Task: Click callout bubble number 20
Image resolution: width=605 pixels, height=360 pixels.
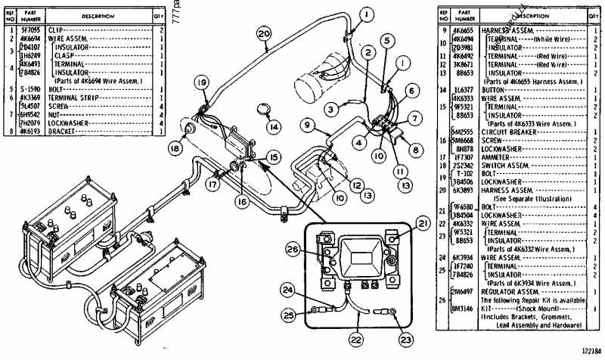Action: (262, 33)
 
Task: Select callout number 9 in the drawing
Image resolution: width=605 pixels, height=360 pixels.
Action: (308, 123)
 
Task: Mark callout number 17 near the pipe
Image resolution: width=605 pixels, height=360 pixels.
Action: (214, 183)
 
